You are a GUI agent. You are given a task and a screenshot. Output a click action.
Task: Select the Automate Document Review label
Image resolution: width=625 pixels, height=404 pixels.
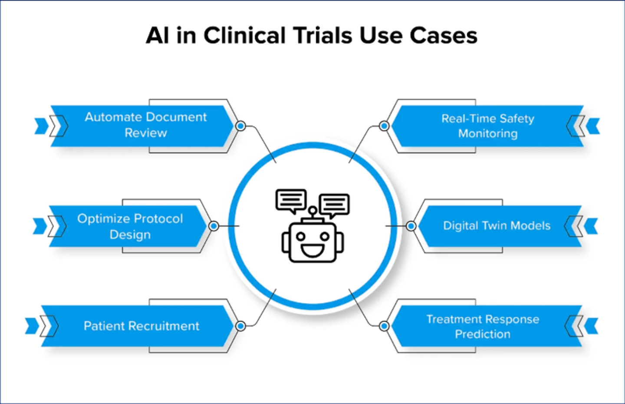point(146,125)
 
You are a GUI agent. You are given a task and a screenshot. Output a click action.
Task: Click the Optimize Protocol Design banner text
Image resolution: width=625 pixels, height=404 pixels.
point(130,226)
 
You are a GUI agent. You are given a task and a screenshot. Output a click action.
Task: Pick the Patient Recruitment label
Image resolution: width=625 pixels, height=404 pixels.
point(141,326)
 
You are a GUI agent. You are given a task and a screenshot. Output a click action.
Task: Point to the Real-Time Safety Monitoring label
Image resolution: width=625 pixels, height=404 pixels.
point(488,126)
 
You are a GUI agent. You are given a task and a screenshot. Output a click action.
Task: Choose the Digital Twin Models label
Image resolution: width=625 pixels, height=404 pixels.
point(497,226)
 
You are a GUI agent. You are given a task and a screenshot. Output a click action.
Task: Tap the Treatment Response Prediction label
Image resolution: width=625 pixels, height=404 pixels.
point(483,327)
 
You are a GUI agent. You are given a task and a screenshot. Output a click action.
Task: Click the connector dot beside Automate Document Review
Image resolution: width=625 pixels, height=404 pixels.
point(240,126)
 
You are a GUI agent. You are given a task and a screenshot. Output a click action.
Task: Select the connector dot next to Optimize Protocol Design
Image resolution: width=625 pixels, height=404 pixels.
point(214,226)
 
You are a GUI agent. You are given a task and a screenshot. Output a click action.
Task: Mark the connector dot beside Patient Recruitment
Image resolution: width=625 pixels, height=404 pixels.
point(240,326)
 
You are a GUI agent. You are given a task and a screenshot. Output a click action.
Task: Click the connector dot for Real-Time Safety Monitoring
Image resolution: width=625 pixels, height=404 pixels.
point(384,126)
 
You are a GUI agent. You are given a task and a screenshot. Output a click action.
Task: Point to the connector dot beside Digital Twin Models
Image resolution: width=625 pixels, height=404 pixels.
point(411,226)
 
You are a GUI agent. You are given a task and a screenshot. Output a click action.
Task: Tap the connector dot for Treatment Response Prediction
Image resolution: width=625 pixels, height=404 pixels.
point(384,326)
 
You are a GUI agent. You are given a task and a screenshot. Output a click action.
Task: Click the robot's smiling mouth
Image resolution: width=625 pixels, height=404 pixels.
point(312,250)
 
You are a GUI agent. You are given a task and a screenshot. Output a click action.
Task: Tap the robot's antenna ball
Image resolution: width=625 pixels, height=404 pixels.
point(312,211)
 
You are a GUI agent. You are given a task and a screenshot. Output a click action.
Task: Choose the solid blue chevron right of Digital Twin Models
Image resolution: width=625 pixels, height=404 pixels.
point(592,226)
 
